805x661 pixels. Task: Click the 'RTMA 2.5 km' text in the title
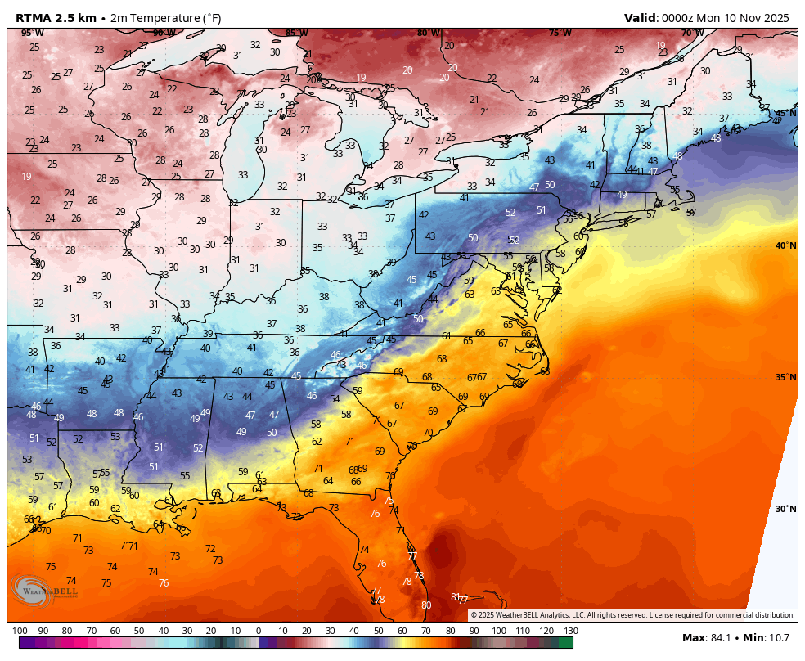point(56,17)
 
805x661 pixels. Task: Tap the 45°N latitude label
point(785,114)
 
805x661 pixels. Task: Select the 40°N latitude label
point(785,245)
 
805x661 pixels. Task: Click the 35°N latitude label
point(785,377)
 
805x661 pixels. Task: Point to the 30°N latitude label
point(785,509)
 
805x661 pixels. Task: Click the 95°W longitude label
point(32,33)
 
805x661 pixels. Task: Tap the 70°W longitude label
point(692,33)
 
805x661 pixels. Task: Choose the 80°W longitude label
point(428,33)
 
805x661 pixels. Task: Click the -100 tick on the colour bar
point(19,631)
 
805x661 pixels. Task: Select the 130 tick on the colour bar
point(571,631)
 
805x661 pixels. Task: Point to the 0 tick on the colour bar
point(259,631)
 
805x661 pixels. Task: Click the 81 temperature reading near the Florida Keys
point(456,596)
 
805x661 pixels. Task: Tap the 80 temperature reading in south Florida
point(426,605)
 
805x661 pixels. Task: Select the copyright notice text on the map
point(632,615)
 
